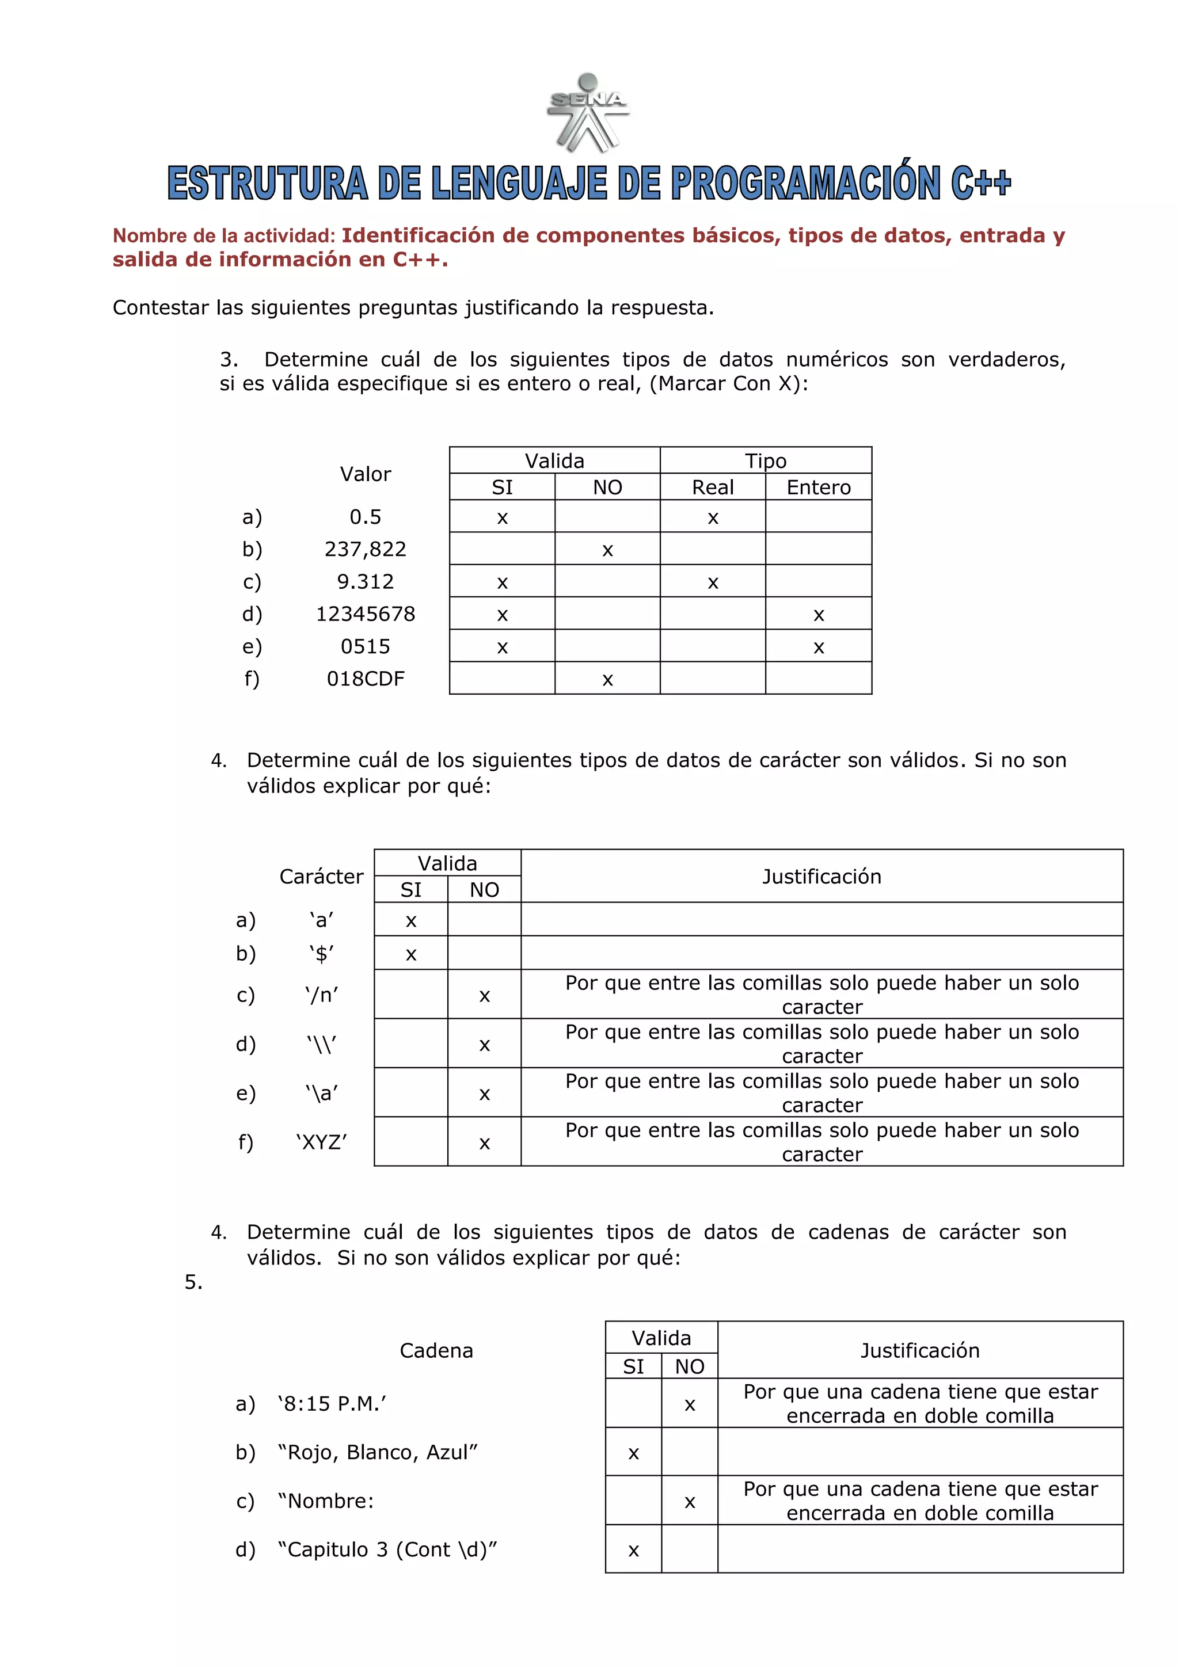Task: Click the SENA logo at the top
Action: pos(587,113)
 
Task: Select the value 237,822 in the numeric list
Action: pos(366,549)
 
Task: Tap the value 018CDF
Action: pos(366,679)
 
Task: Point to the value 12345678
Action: pos(366,614)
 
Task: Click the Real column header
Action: pos(713,488)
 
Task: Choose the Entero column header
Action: pos(819,488)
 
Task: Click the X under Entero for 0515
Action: pos(819,648)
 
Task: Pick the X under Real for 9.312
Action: pos(713,582)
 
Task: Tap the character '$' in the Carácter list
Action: pos(322,953)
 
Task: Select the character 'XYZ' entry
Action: pos(322,1142)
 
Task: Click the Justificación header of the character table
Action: pos(822,876)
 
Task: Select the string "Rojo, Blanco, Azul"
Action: pos(378,1452)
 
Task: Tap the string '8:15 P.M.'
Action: pos(332,1404)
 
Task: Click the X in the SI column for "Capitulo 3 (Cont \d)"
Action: pos(633,1551)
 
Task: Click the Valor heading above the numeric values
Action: pos(366,474)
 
